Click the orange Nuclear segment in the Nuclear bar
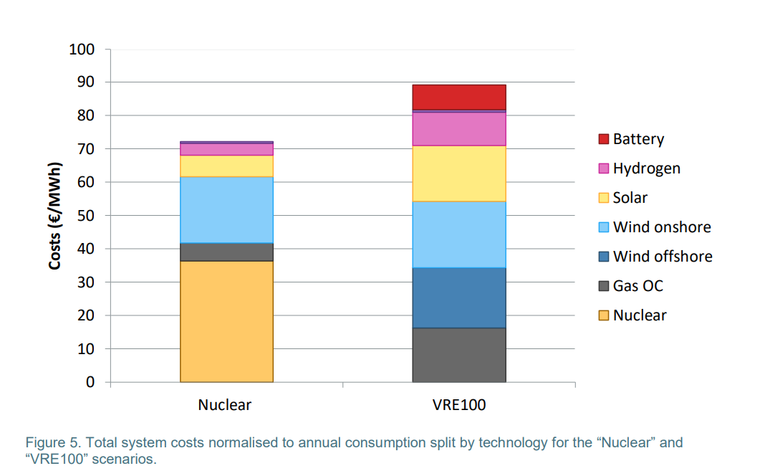[x=226, y=321]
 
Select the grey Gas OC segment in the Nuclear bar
[x=226, y=252]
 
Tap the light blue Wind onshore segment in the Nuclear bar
[x=226, y=209]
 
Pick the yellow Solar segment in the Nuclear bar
[x=226, y=166]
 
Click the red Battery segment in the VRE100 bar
[x=459, y=97]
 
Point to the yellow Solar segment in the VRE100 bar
[x=459, y=173]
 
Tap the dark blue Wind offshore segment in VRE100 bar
[x=459, y=297]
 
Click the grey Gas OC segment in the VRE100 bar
[x=459, y=355]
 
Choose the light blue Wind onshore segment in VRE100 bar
[x=459, y=234]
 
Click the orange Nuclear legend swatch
[x=603, y=315]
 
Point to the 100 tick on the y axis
[x=82, y=49]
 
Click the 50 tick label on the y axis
[x=86, y=216]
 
